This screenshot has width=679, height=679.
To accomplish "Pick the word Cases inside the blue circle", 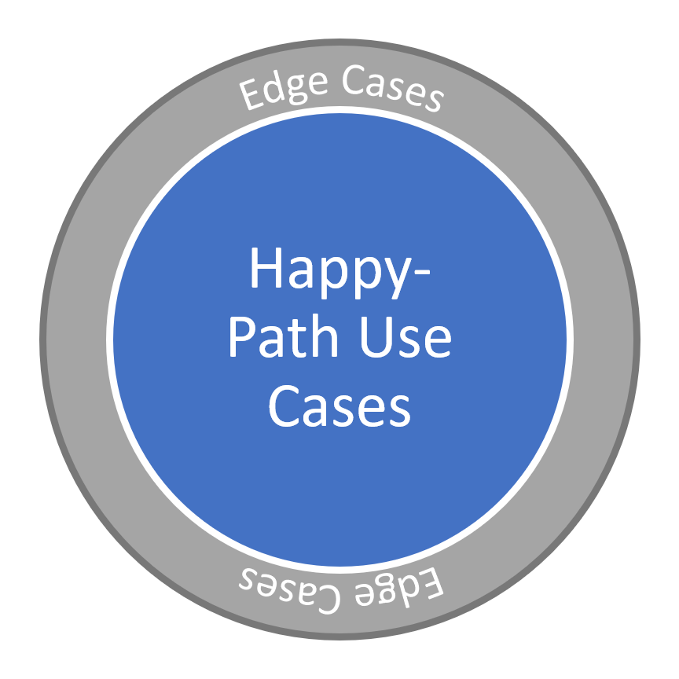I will (339, 406).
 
